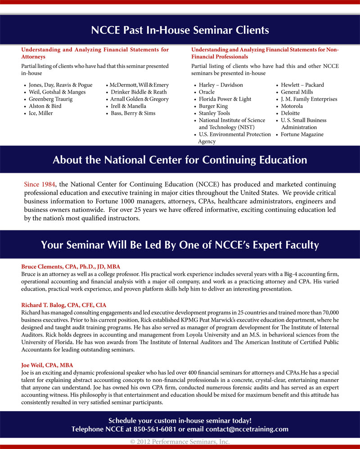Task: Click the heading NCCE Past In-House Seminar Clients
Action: tap(180, 30)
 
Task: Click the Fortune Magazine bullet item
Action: tap(302, 135)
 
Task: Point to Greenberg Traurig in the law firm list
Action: tap(48, 99)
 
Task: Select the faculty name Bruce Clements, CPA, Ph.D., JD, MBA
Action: tap(71, 266)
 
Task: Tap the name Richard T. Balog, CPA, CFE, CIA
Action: tap(63, 305)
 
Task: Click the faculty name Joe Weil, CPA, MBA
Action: tap(47, 365)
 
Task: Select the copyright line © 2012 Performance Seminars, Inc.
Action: tap(180, 442)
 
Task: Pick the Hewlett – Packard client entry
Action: tap(302, 85)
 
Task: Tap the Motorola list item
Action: tap(292, 106)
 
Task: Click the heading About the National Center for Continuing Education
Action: tap(180, 160)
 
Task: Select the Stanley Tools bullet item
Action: tap(214, 113)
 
